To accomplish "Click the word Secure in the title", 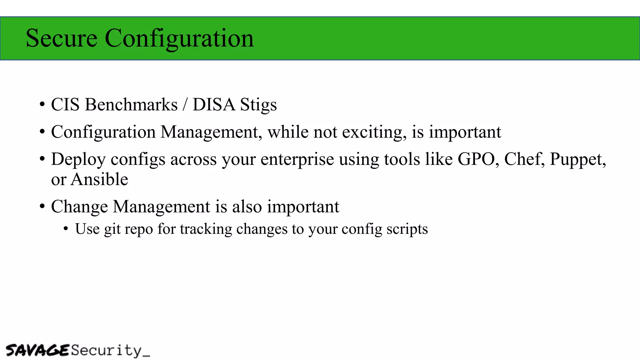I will click(62, 38).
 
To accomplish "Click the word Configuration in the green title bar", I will click(179, 38).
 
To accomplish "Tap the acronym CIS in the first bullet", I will click(65, 104).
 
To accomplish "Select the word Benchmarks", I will click(131, 104).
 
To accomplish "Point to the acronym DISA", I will click(214, 104).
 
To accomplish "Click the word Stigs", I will click(258, 105).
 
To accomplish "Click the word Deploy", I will click(78, 159).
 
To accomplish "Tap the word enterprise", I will click(297, 159).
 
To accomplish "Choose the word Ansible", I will click(99, 179).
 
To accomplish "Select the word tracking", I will click(206, 229).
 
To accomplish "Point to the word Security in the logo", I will click(106, 350).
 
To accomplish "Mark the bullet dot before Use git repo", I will click(66, 229).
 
